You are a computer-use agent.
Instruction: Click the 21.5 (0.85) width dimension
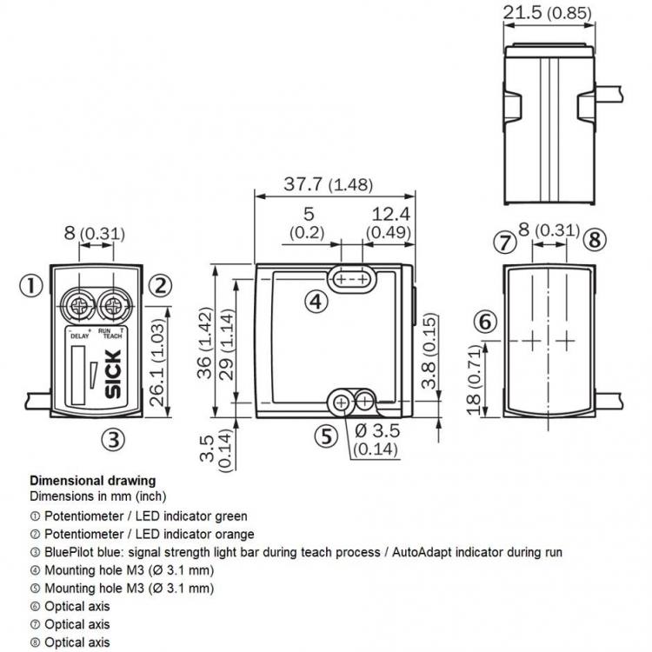click(547, 13)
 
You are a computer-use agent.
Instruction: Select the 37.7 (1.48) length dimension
click(328, 184)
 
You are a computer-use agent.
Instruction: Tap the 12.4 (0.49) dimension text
click(389, 223)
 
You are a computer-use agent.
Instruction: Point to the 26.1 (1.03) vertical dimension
click(157, 363)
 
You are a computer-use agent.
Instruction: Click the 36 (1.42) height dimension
click(204, 343)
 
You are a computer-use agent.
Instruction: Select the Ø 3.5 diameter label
click(377, 431)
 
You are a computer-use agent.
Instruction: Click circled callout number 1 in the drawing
click(31, 286)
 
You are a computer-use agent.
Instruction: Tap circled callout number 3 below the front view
click(114, 439)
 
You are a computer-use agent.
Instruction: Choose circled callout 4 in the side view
click(316, 302)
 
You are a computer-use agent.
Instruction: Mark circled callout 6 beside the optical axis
click(485, 322)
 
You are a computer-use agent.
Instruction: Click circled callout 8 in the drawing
click(595, 240)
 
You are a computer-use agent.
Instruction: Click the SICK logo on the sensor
click(113, 374)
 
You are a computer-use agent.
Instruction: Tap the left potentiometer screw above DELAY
click(78, 307)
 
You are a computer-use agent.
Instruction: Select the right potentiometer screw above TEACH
click(113, 307)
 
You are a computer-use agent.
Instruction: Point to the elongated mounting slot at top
click(352, 278)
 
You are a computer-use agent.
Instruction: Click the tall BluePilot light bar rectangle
click(78, 376)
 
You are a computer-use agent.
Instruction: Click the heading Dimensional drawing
click(93, 481)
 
